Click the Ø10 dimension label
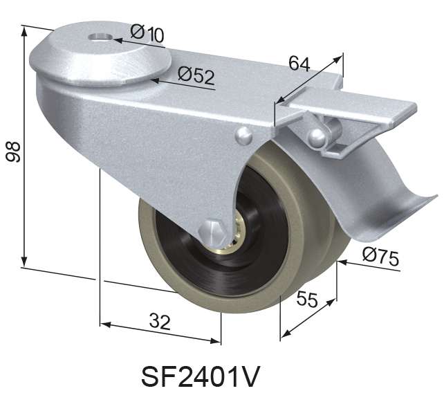147,33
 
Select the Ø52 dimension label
196,75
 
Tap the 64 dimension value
299,64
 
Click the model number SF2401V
201,376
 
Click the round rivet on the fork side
243,135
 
